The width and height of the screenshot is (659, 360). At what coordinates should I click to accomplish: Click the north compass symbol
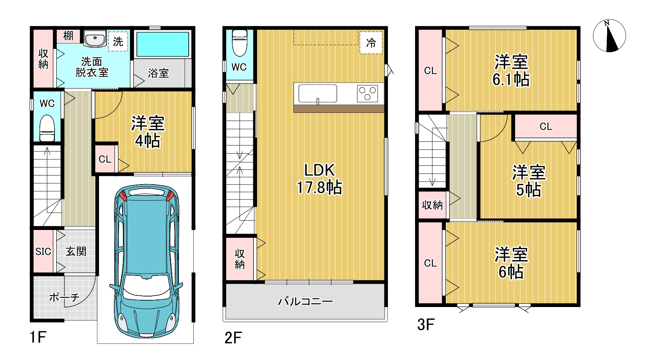[609, 36]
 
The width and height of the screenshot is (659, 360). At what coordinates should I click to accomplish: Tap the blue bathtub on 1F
[162, 44]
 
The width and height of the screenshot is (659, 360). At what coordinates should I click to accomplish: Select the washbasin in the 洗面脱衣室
[95, 39]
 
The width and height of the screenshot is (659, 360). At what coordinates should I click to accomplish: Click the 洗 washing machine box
[118, 41]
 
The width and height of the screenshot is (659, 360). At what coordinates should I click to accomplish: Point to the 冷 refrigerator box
[371, 43]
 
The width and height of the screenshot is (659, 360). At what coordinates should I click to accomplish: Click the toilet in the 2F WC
[239, 43]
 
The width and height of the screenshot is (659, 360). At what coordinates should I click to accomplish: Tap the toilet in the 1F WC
[47, 128]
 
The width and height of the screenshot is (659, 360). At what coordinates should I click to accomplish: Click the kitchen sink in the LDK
[318, 94]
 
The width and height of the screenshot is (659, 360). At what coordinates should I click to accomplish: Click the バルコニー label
[305, 301]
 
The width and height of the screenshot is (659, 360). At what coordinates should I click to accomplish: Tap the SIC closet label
[43, 251]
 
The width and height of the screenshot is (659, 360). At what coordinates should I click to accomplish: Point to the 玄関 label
[76, 251]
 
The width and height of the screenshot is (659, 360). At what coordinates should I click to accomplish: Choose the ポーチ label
[64, 298]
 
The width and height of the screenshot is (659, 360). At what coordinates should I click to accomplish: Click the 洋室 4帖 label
[148, 132]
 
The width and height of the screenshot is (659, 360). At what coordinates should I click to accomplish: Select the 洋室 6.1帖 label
[511, 70]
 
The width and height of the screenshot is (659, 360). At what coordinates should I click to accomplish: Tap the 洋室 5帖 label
[529, 181]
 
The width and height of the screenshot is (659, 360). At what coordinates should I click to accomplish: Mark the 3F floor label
[426, 325]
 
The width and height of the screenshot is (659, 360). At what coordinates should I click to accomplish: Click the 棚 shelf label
[68, 36]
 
